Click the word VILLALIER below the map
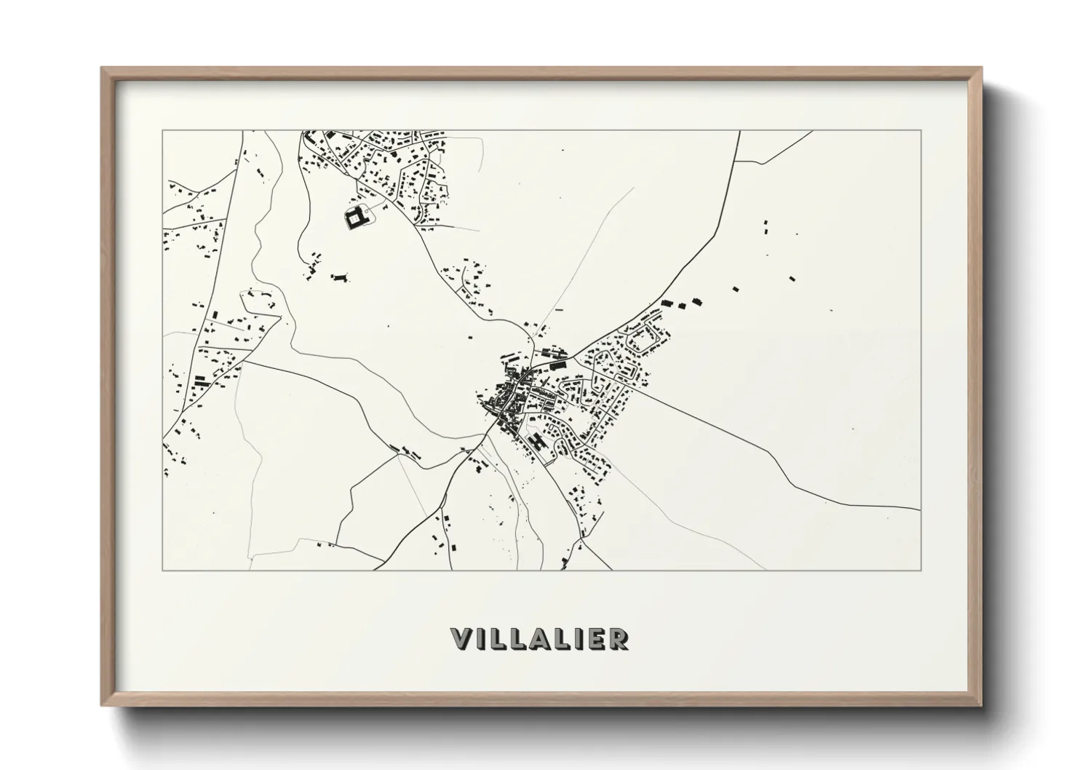click(540, 639)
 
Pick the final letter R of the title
click(619, 639)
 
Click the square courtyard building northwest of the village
click(354, 217)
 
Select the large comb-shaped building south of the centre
click(538, 441)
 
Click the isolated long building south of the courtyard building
click(339, 277)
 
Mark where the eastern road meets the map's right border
click(921, 509)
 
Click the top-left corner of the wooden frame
click(102, 68)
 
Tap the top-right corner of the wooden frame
click(982, 68)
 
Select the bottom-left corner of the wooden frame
click(102, 705)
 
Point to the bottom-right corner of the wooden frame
click(982, 705)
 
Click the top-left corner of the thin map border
click(162, 130)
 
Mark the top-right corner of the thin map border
click(921, 130)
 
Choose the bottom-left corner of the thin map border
click(162, 570)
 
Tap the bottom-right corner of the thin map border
click(921, 570)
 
